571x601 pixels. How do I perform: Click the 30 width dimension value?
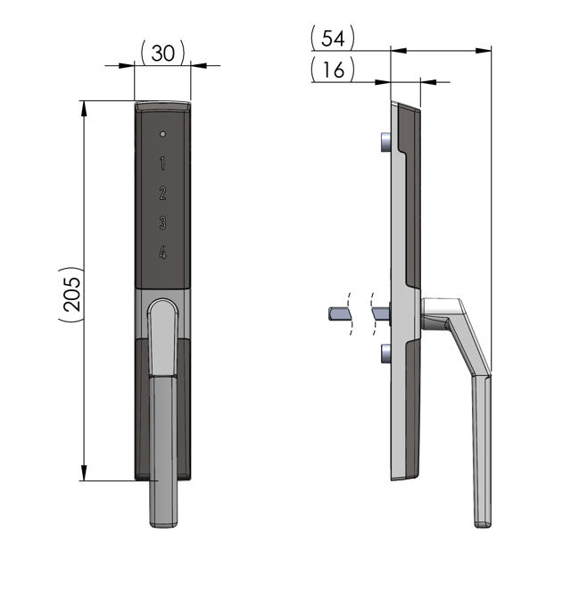coord(163,54)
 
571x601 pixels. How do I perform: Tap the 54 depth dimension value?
coord(333,38)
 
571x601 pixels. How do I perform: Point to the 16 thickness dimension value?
coord(333,70)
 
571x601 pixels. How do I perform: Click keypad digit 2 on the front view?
coord(162,193)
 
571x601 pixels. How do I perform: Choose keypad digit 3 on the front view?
coord(162,222)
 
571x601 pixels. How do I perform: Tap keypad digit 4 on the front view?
coord(162,253)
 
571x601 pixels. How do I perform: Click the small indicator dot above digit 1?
coord(162,134)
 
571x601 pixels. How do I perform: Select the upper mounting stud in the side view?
coord(385,142)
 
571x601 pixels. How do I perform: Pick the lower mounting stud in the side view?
coord(385,354)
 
